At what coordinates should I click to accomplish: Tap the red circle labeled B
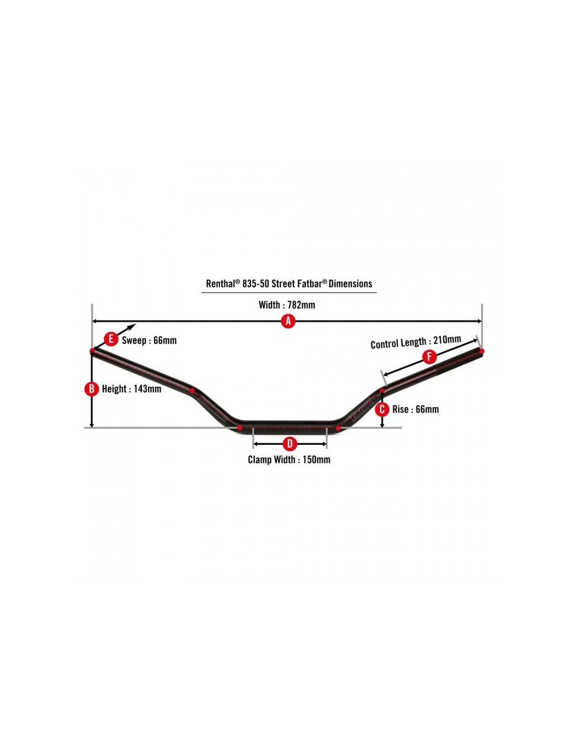[91, 389]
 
